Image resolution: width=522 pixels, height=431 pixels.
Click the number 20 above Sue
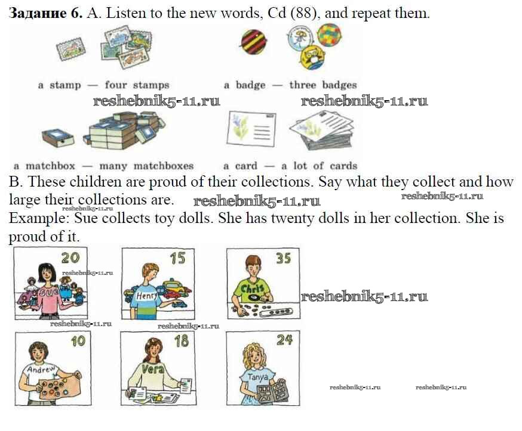click(x=70, y=258)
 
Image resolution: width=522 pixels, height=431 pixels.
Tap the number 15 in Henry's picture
click(x=177, y=258)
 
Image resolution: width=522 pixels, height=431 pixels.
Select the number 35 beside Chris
click(x=283, y=259)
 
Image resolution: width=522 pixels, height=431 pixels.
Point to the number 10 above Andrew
click(x=78, y=341)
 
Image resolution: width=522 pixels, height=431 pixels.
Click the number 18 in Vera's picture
click(x=182, y=341)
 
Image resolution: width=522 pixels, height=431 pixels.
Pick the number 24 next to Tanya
click(x=285, y=340)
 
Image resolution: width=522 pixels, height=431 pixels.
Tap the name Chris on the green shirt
click(x=252, y=289)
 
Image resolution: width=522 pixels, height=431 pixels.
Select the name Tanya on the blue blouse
click(x=257, y=377)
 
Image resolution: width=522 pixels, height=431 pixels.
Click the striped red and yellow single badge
click(x=254, y=42)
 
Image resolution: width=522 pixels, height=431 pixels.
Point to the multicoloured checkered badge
click(x=329, y=35)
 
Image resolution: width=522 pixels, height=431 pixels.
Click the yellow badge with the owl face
click(x=312, y=57)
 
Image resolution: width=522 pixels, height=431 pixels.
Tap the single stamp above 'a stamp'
click(x=70, y=49)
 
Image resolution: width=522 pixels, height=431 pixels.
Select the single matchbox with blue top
click(x=58, y=138)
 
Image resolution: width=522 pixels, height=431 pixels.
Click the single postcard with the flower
click(x=251, y=129)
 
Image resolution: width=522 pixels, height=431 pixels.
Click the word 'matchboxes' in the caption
click(x=164, y=166)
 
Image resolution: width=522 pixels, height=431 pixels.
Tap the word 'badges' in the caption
click(x=340, y=85)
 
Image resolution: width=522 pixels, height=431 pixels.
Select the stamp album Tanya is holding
click(x=272, y=392)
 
